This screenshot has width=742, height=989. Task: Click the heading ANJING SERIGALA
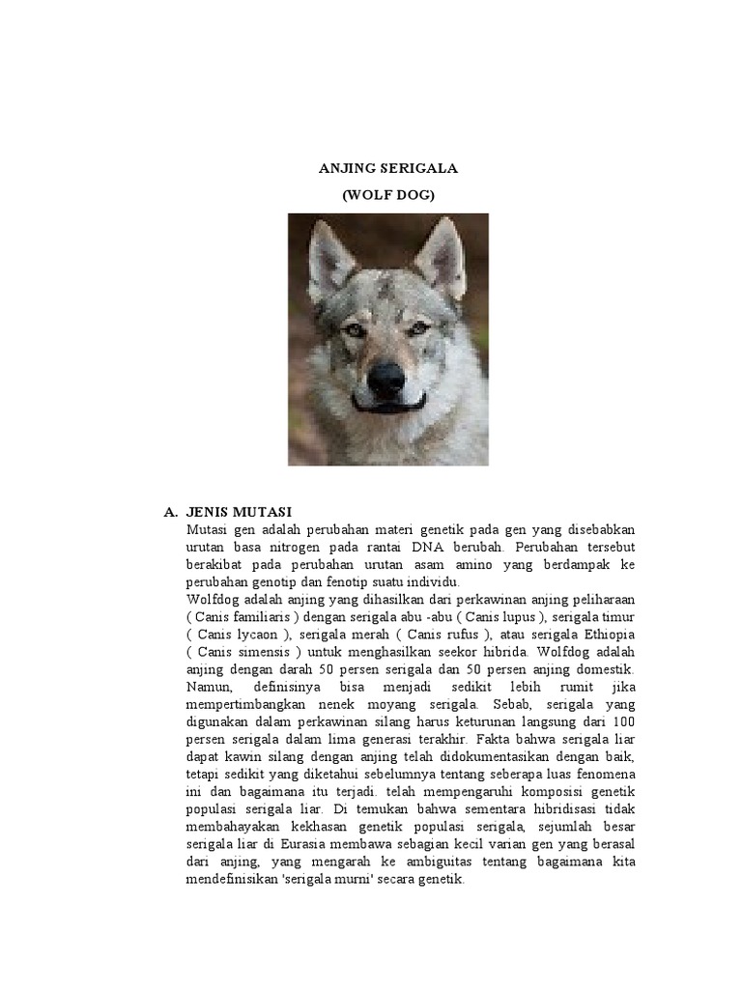[388, 168]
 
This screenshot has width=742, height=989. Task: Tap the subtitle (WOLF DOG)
[388, 195]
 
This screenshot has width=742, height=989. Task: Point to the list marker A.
[171, 511]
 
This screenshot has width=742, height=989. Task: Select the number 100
[622, 721]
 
